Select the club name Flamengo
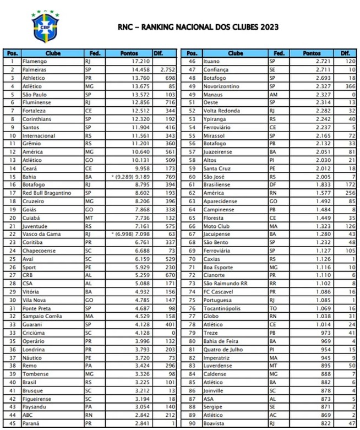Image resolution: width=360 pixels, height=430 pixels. [x=35, y=61]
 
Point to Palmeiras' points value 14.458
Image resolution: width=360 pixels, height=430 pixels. [x=140, y=70]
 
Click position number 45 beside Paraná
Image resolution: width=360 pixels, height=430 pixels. [x=12, y=422]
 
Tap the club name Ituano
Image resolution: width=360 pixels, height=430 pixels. [x=212, y=61]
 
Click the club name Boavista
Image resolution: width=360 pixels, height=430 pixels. [x=214, y=422]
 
